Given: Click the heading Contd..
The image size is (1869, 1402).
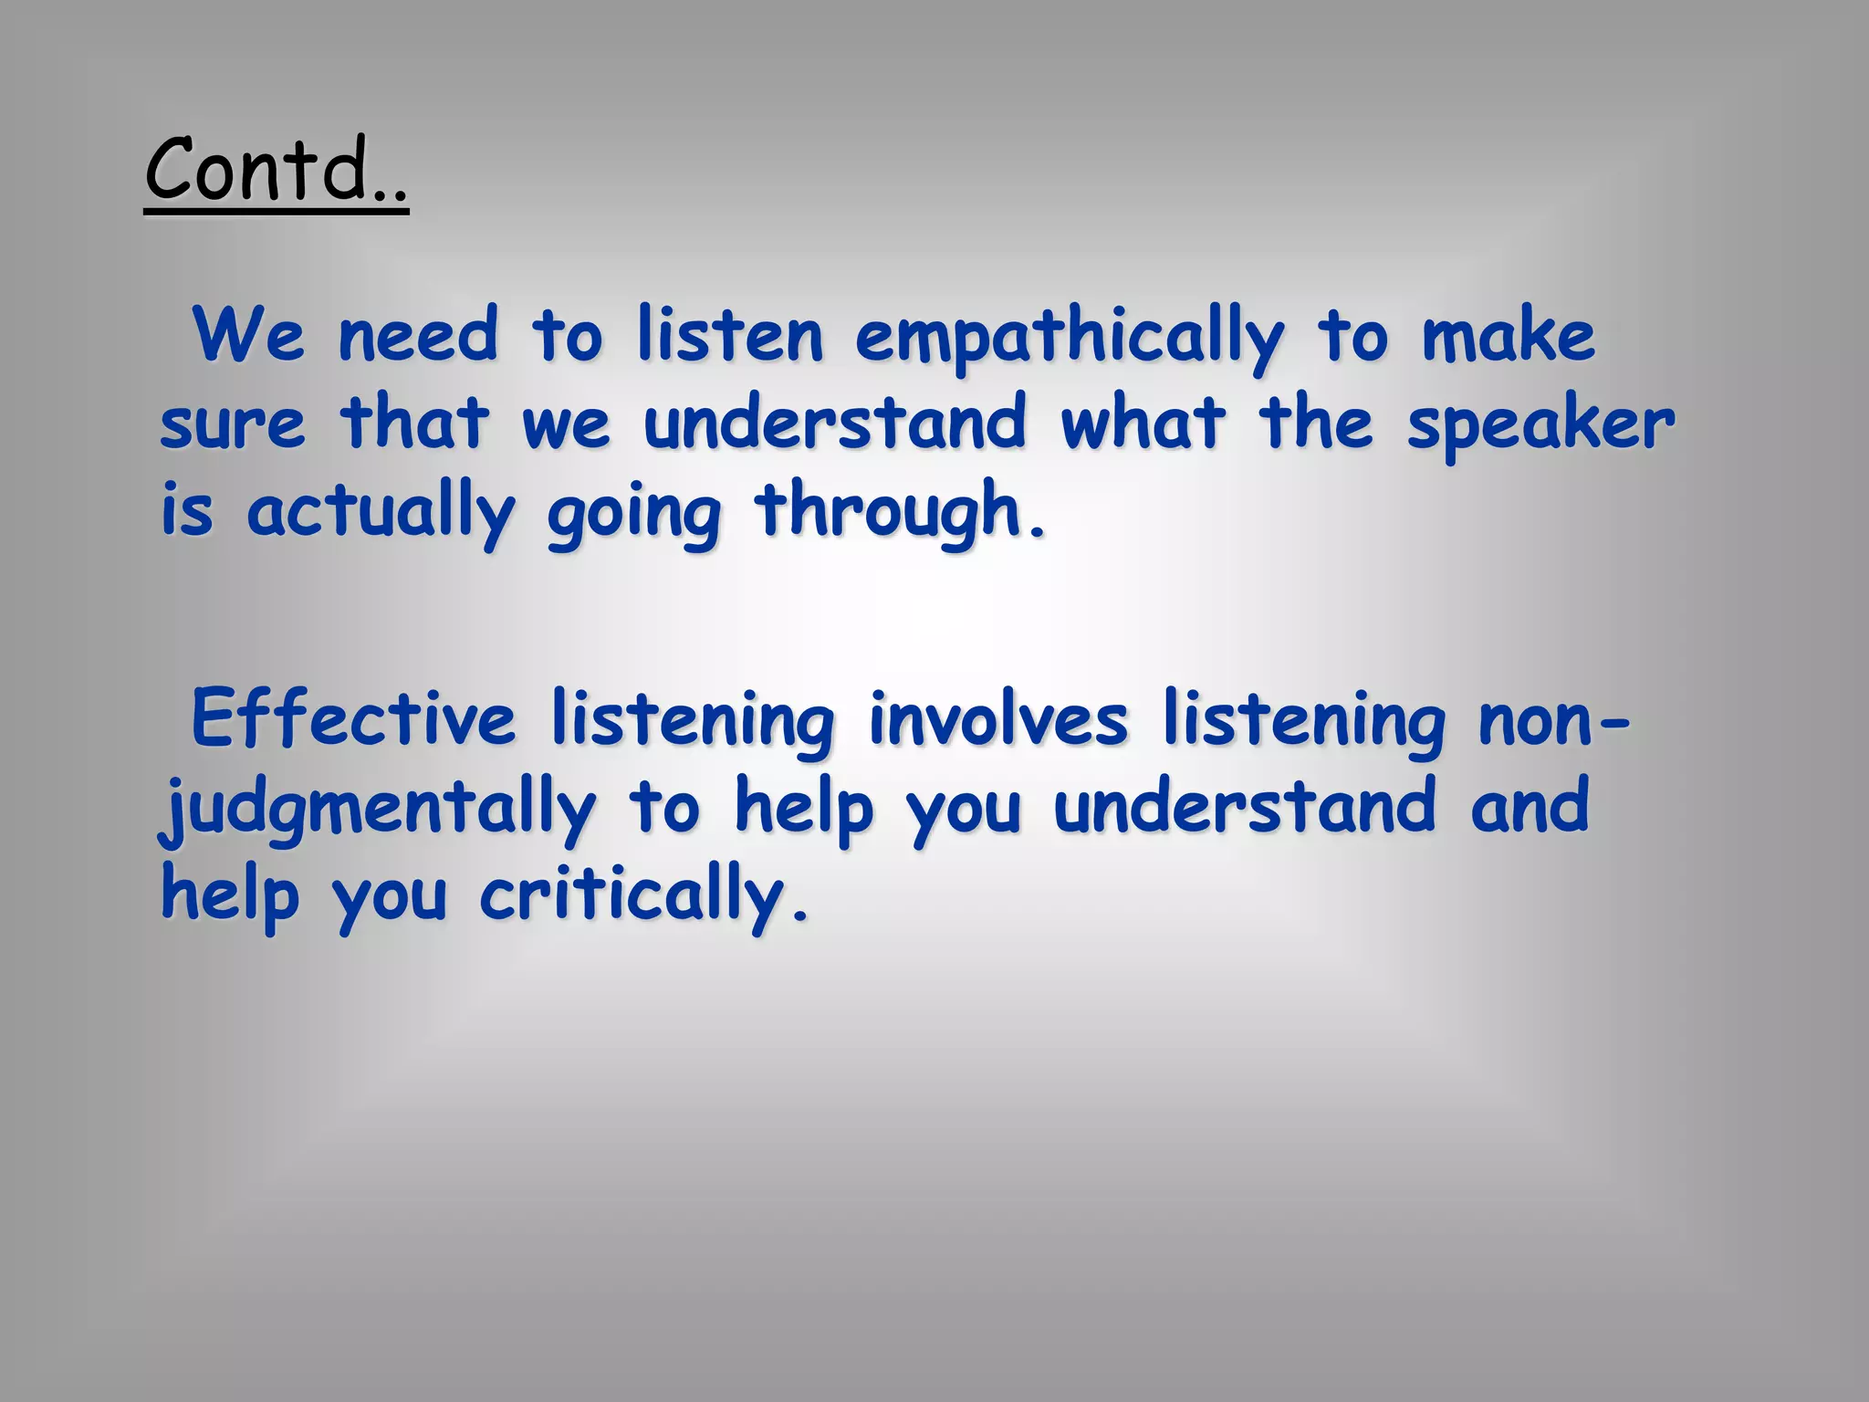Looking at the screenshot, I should [276, 170].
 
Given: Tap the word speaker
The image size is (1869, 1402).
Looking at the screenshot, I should [1540, 425].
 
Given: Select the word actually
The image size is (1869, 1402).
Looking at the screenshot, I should [381, 513].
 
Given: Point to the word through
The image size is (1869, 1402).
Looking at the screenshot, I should [898, 513].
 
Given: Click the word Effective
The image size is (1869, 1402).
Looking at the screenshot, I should [353, 719].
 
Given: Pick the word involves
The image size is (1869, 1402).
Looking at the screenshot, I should [998, 719].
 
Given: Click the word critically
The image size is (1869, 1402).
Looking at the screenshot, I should [644, 898].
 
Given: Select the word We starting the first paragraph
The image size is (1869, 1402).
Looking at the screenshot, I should [248, 336].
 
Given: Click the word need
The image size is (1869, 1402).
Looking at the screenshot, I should [418, 336].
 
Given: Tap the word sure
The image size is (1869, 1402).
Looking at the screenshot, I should [232, 425].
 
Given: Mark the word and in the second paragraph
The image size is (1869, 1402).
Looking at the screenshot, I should [1530, 807].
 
